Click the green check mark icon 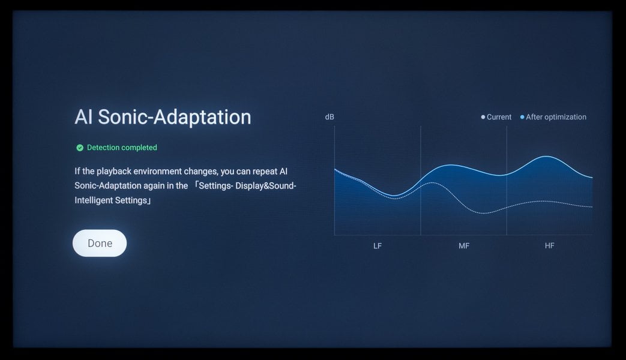(x=80, y=148)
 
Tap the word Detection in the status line (x=103, y=148)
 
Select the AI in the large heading (x=84, y=117)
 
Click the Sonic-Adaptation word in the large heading (x=175, y=117)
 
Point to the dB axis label (x=330, y=117)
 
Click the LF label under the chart (x=378, y=246)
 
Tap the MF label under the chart (x=464, y=246)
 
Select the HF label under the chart (x=549, y=245)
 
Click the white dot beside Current (x=483, y=117)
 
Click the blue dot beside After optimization (x=522, y=117)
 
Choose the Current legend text (x=499, y=117)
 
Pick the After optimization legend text (x=556, y=117)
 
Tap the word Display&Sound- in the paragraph (x=266, y=185)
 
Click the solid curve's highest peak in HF (x=546, y=157)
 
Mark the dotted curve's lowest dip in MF (x=483, y=213)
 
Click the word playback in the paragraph (x=114, y=171)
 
